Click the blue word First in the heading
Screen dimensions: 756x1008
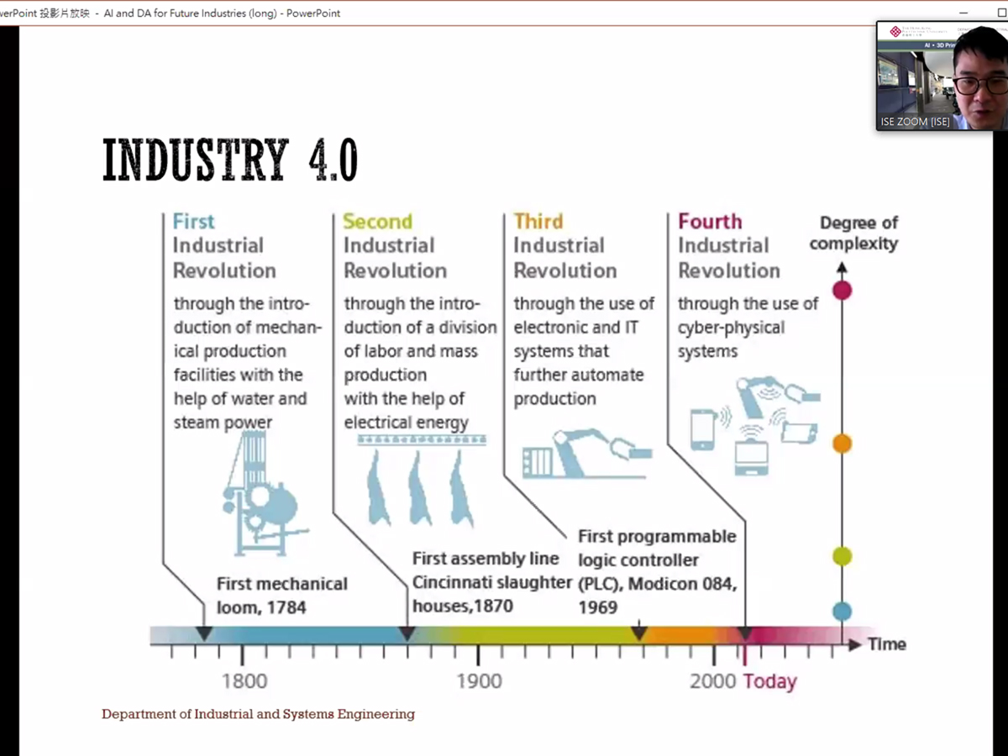[193, 222]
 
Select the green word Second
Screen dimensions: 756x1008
[377, 222]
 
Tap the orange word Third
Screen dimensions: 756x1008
[538, 222]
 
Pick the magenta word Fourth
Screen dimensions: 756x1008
[710, 222]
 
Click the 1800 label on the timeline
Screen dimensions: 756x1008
[244, 681]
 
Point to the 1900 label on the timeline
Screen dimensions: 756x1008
[479, 681]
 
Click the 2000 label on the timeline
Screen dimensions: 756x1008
[713, 681]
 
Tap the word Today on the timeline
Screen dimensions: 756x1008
[770, 681]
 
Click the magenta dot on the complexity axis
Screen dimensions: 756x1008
[842, 291]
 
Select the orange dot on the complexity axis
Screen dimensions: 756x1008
[842, 444]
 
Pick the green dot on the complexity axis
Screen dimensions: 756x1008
[842, 556]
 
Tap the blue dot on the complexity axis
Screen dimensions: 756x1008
[842, 612]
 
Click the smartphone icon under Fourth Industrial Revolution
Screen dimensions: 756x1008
[702, 428]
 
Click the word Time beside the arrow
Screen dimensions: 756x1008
[887, 644]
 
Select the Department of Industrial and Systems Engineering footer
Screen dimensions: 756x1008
[258, 715]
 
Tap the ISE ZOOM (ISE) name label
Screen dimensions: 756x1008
[915, 122]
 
